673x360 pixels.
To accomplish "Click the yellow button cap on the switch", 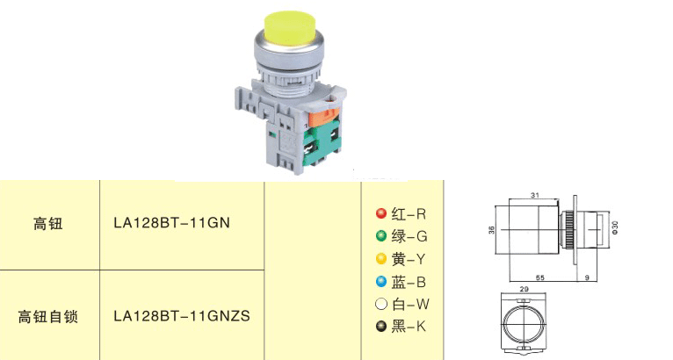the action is (289, 27).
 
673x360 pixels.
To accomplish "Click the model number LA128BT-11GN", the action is (171, 223).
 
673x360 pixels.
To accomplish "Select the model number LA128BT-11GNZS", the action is (182, 316).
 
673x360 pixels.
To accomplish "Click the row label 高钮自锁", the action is (48, 317).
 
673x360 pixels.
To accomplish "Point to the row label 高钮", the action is (48, 224).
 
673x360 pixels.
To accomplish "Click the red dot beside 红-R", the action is (381, 213).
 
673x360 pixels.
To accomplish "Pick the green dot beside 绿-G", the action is (381, 236).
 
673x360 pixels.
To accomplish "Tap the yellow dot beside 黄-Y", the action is (381, 259).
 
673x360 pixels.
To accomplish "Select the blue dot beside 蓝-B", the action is (381, 282).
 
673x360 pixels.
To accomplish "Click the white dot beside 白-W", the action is (381, 304).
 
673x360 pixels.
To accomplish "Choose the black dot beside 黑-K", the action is (381, 327).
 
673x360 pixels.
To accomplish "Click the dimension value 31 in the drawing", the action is (534, 195).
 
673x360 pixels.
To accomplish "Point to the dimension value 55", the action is (540, 277).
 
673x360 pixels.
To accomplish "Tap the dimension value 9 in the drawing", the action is (587, 277).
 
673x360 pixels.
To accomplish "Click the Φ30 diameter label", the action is (615, 227).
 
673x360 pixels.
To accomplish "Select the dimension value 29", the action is (524, 289).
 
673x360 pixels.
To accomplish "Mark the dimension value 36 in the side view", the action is (491, 230).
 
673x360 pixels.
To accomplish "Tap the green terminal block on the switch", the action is (322, 144).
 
